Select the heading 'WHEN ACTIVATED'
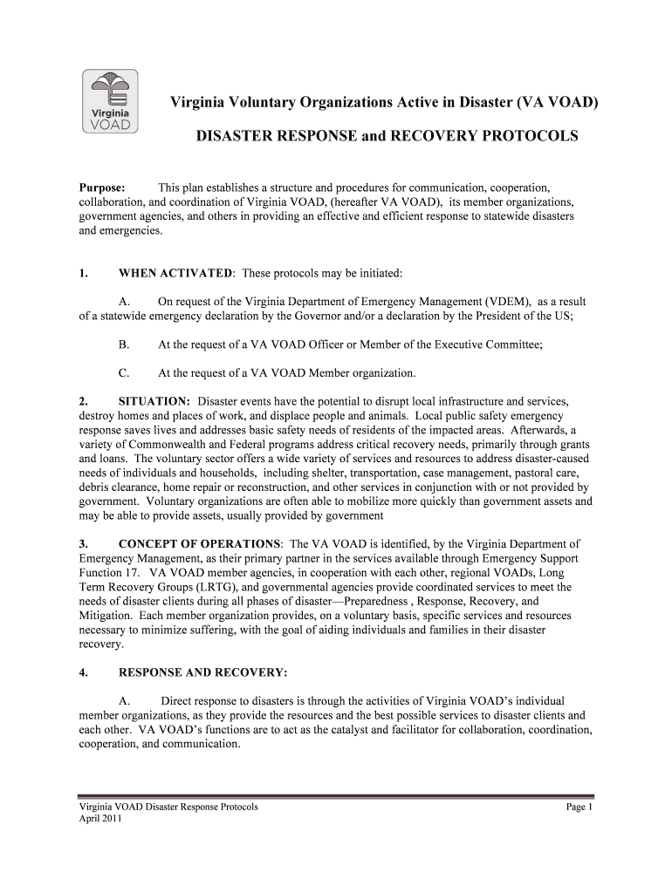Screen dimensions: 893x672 [x=175, y=274]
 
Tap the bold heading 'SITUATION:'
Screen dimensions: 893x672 [x=154, y=401]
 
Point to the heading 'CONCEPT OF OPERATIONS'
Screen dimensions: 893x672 [x=200, y=543]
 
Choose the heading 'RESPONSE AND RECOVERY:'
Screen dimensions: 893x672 [x=202, y=672]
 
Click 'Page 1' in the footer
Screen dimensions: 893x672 [x=579, y=808]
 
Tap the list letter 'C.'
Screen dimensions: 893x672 [x=124, y=373]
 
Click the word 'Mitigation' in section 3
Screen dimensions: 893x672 [x=107, y=616]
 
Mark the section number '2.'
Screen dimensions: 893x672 [x=84, y=401]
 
